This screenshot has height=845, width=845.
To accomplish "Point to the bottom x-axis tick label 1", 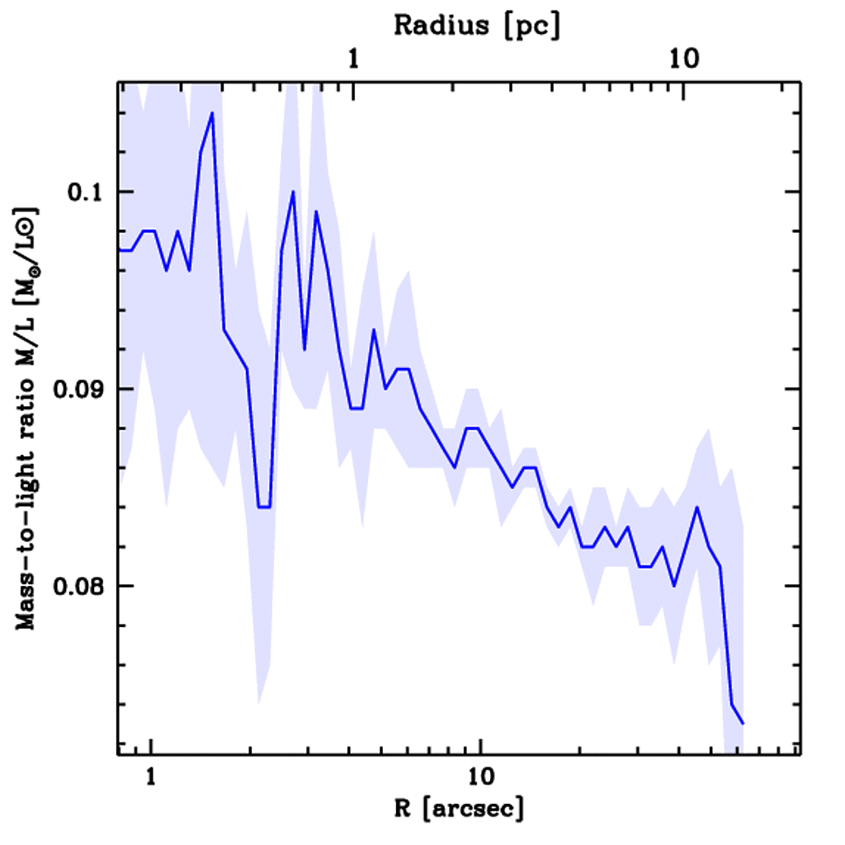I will tap(151, 778).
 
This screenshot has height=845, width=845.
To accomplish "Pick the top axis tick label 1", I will tap(354, 59).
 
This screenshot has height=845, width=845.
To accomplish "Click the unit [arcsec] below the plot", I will tap(472, 809).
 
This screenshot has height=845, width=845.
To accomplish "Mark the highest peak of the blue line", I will tap(212, 113).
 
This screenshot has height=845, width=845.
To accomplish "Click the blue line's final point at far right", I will tap(744, 724).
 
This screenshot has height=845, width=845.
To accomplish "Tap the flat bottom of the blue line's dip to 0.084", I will tap(264, 507).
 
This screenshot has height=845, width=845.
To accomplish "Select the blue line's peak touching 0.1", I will tap(293, 191).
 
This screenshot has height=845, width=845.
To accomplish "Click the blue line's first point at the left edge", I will tap(120, 250).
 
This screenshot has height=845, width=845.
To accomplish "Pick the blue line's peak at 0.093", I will tap(374, 330).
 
